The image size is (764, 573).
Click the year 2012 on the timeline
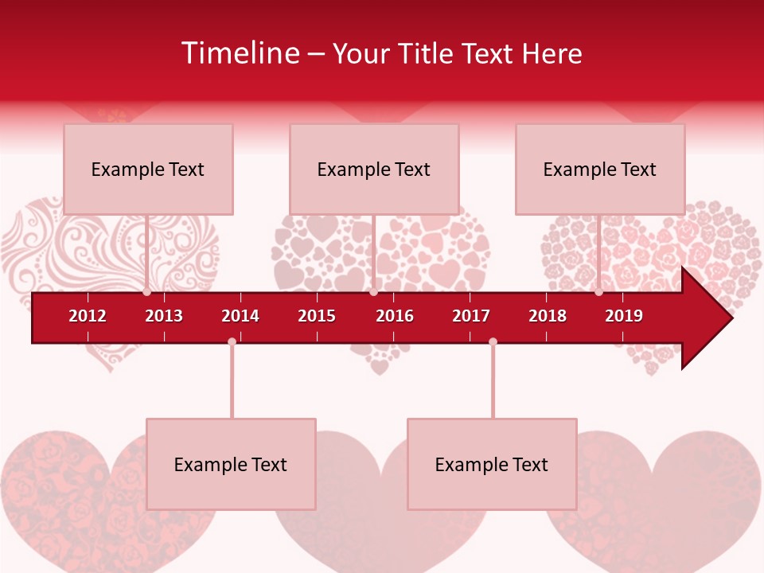click(x=88, y=316)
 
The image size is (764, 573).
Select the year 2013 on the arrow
click(x=164, y=316)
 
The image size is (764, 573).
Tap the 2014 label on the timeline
click(x=240, y=316)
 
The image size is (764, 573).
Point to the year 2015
click(x=317, y=316)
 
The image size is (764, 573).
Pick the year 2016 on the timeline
click(x=395, y=316)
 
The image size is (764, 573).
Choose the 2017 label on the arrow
click(x=471, y=316)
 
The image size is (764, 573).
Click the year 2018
click(x=548, y=316)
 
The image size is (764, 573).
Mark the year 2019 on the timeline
click(x=624, y=316)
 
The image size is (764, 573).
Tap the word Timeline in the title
click(x=240, y=53)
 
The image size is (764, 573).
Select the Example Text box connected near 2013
click(x=148, y=169)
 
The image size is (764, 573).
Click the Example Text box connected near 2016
click(x=374, y=169)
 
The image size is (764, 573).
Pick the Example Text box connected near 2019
click(x=600, y=169)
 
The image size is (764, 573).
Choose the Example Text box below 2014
click(x=231, y=464)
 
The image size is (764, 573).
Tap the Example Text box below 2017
click(x=492, y=464)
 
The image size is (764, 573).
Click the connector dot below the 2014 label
click(x=232, y=341)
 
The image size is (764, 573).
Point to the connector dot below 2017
click(x=493, y=341)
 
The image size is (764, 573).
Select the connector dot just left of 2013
click(x=147, y=292)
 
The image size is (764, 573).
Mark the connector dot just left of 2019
click(x=598, y=292)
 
